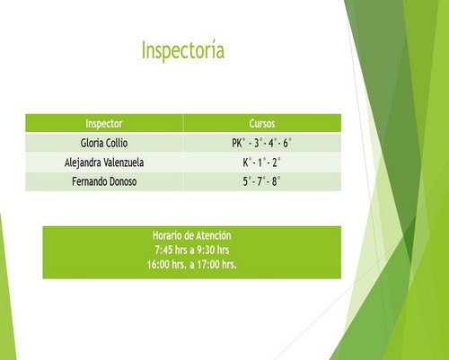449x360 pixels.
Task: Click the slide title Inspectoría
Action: tap(183, 50)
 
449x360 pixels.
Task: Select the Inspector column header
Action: tap(104, 123)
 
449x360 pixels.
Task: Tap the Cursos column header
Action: tap(262, 123)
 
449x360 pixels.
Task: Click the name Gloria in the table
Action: tap(92, 143)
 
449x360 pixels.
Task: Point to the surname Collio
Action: tap(117, 143)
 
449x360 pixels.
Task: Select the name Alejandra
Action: tap(83, 162)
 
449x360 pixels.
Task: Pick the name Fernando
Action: tap(89, 181)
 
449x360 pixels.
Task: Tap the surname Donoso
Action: tap(123, 181)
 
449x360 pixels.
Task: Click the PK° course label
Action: tap(238, 143)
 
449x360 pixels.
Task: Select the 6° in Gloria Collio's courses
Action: tap(287, 143)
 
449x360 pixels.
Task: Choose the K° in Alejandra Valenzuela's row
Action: tap(247, 162)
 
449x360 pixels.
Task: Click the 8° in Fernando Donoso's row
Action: tap(276, 181)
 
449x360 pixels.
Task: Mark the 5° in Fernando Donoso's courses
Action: tap(247, 181)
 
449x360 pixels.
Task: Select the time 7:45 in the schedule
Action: tap(163, 250)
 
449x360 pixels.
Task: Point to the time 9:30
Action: tap(205, 250)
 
